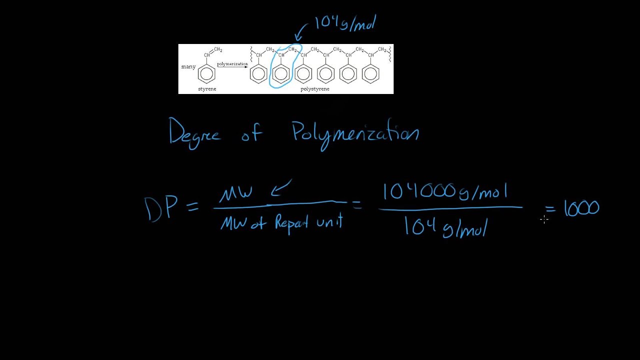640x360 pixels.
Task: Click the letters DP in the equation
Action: point(160,208)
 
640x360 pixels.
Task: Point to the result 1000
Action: point(581,208)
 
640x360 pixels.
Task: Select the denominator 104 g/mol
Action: point(444,228)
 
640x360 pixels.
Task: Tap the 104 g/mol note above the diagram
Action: point(345,23)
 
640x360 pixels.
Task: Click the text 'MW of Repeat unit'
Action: point(281,222)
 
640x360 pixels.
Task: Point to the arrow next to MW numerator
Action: point(281,188)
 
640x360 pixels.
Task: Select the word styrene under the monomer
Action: point(207,89)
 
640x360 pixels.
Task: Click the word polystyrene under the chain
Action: point(315,89)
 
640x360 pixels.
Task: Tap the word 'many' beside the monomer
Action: point(188,67)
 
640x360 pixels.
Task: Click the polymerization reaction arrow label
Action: point(232,64)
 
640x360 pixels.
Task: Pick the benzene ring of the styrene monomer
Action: point(206,74)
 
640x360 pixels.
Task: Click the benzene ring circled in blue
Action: point(281,74)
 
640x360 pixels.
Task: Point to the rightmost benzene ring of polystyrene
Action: point(370,74)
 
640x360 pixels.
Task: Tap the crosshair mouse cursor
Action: point(544,218)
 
